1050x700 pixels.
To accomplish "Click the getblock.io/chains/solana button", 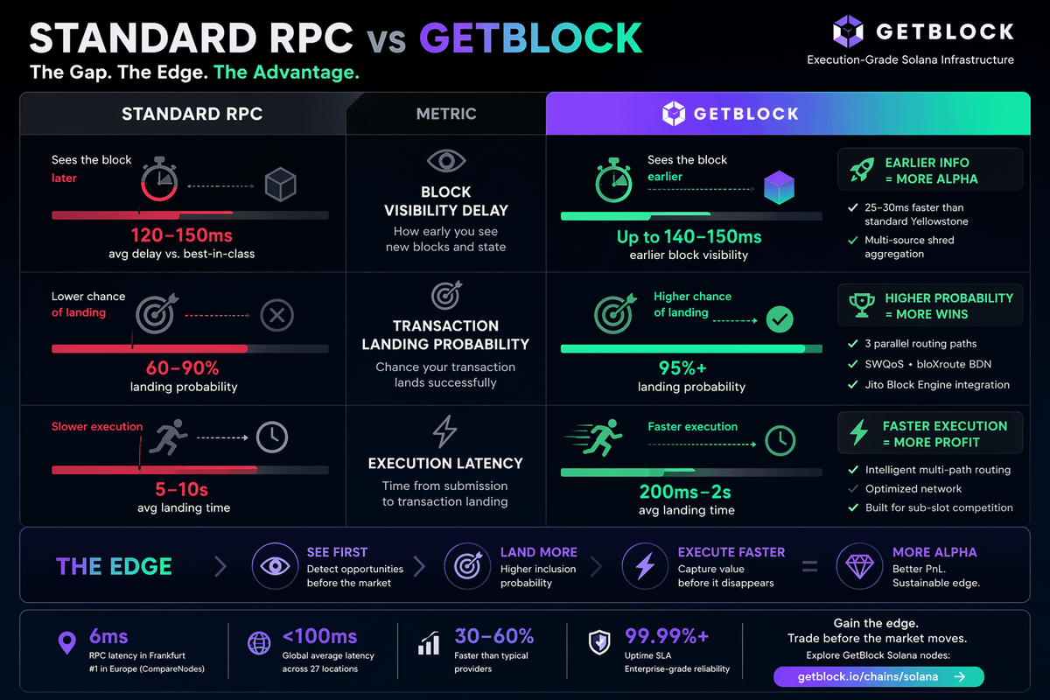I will coord(878,676).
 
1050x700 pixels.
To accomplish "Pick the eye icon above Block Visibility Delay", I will coord(445,161).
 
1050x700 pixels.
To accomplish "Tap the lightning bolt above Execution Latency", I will coord(445,431).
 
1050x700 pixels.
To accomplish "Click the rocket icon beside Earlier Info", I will coord(862,171).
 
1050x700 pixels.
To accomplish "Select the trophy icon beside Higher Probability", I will coord(862,305).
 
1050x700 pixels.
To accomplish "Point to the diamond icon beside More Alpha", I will coord(858,566).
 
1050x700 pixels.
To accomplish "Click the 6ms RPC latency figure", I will coord(108,636).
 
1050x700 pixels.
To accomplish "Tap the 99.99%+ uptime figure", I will coord(667,636).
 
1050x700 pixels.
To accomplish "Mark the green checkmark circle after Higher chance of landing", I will coord(779,319).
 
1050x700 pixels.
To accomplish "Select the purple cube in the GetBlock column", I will coord(778,187).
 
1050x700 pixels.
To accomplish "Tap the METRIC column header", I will coord(446,114).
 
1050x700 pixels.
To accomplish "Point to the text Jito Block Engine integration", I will coord(937,385).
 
